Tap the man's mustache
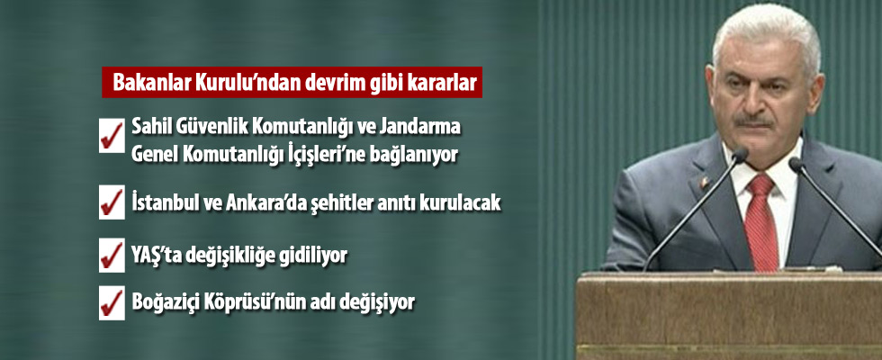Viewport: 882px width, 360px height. click(753, 120)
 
